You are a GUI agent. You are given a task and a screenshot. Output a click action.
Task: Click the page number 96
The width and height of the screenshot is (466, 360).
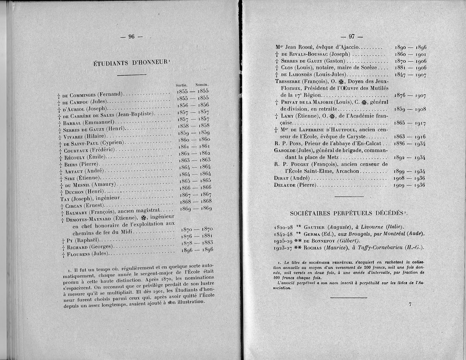pyautogui.click(x=131, y=37)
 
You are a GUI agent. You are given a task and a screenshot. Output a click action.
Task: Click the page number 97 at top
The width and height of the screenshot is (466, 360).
pyautogui.click(x=351, y=37)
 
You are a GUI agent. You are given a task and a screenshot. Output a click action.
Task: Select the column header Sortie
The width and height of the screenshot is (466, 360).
pyautogui.click(x=181, y=85)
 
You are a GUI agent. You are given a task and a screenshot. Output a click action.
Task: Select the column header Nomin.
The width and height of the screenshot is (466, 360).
pyautogui.click(x=202, y=84)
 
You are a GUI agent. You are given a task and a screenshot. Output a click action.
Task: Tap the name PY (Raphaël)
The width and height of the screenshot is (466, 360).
pyautogui.click(x=80, y=240)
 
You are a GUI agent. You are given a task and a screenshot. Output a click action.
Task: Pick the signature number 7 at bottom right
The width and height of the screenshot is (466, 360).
pyautogui.click(x=410, y=305)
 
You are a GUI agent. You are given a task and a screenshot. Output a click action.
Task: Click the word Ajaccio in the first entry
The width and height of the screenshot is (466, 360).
pyautogui.click(x=348, y=47)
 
